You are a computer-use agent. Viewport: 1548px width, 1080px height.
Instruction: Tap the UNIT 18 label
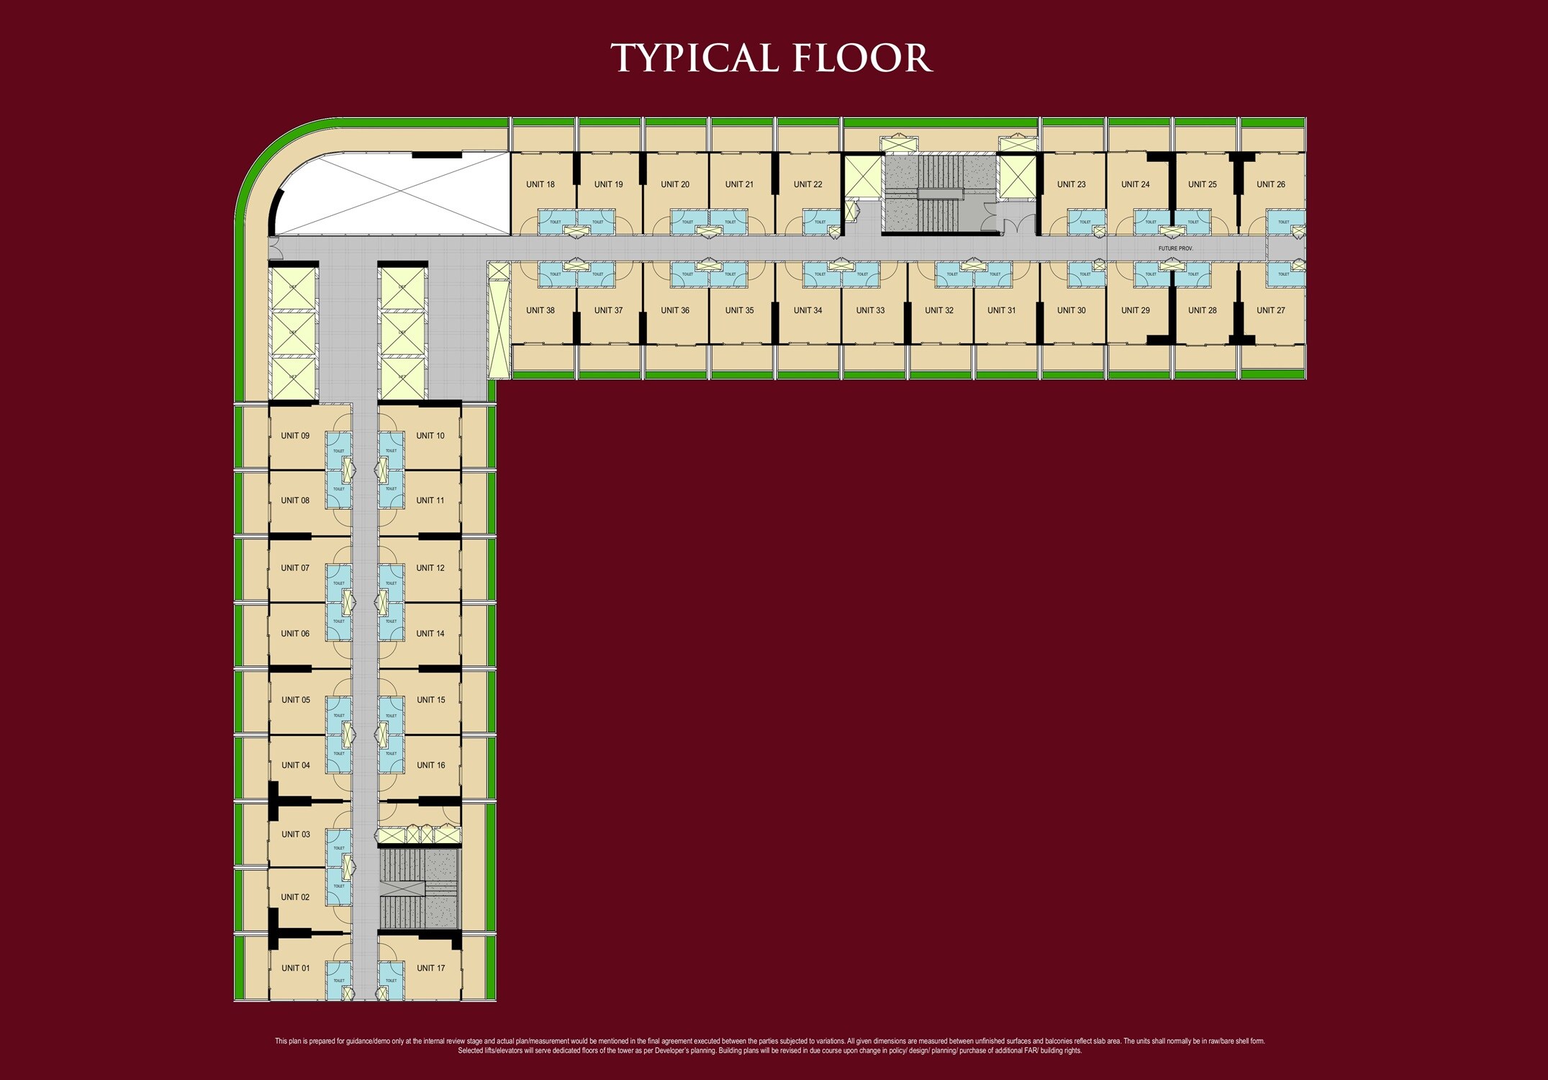coord(540,184)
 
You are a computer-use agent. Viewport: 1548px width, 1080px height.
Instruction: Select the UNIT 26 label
coord(1270,184)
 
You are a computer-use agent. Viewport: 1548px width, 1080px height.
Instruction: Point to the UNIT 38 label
coord(540,310)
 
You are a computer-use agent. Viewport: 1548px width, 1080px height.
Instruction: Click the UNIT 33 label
coord(870,310)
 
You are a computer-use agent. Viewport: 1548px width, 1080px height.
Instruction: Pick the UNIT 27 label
coord(1270,310)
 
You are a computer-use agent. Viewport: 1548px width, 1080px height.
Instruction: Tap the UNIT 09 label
coord(295,436)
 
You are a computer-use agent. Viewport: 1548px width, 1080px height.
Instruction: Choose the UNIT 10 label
coord(430,436)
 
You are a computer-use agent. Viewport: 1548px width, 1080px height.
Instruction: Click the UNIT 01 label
coord(295,968)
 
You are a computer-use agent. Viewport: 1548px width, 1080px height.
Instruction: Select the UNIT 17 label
coord(430,968)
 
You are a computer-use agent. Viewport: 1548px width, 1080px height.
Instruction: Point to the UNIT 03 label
coord(295,834)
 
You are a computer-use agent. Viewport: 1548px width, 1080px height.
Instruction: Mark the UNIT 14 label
coord(430,634)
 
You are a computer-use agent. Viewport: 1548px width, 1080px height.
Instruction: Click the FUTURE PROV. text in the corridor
coord(1175,248)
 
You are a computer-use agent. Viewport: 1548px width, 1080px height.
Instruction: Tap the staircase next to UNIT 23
coord(940,193)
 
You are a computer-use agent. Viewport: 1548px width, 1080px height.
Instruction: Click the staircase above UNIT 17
coord(419,890)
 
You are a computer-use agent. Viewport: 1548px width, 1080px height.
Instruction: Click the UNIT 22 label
coord(807,184)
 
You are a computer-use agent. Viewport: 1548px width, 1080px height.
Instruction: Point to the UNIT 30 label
coord(1071,310)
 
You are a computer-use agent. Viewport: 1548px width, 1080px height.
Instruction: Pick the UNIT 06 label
coord(295,634)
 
